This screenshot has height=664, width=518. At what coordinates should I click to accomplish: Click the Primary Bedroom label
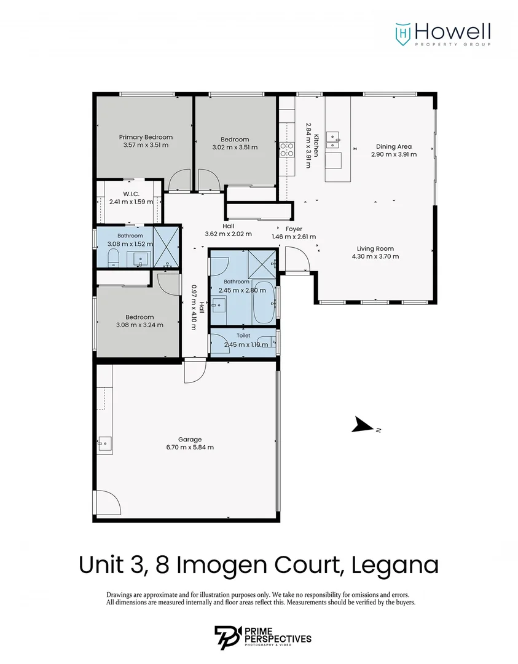[x=146, y=137]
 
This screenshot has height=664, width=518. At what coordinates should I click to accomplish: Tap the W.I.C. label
[x=131, y=194]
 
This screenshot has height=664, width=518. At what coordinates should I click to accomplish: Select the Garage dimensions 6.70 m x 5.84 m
[x=190, y=447]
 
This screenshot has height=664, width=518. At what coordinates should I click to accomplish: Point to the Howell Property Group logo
[x=443, y=34]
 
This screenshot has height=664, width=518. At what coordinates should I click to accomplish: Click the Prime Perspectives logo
[x=263, y=638]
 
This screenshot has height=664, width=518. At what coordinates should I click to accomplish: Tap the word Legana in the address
[x=395, y=565]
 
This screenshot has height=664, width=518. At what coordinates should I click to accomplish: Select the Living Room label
[x=375, y=248]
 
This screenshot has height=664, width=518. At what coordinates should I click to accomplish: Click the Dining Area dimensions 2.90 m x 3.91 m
[x=394, y=154]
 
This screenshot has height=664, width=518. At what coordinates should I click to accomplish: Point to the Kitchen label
[x=316, y=146]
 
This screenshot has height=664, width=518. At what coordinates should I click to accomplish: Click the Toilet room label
[x=243, y=336]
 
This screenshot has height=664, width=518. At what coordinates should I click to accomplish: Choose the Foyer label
[x=294, y=229]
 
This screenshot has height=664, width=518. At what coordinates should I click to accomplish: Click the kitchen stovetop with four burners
[x=286, y=150]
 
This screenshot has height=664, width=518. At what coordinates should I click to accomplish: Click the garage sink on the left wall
[x=105, y=445]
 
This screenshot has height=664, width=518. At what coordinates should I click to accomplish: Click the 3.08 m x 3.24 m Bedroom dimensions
[x=139, y=325]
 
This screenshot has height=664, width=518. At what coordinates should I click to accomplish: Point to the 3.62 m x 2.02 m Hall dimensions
[x=229, y=234]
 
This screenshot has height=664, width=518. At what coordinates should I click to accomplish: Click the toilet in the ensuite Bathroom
[x=112, y=258]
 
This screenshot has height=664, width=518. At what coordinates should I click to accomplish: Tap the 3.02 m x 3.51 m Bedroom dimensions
[x=235, y=148]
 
